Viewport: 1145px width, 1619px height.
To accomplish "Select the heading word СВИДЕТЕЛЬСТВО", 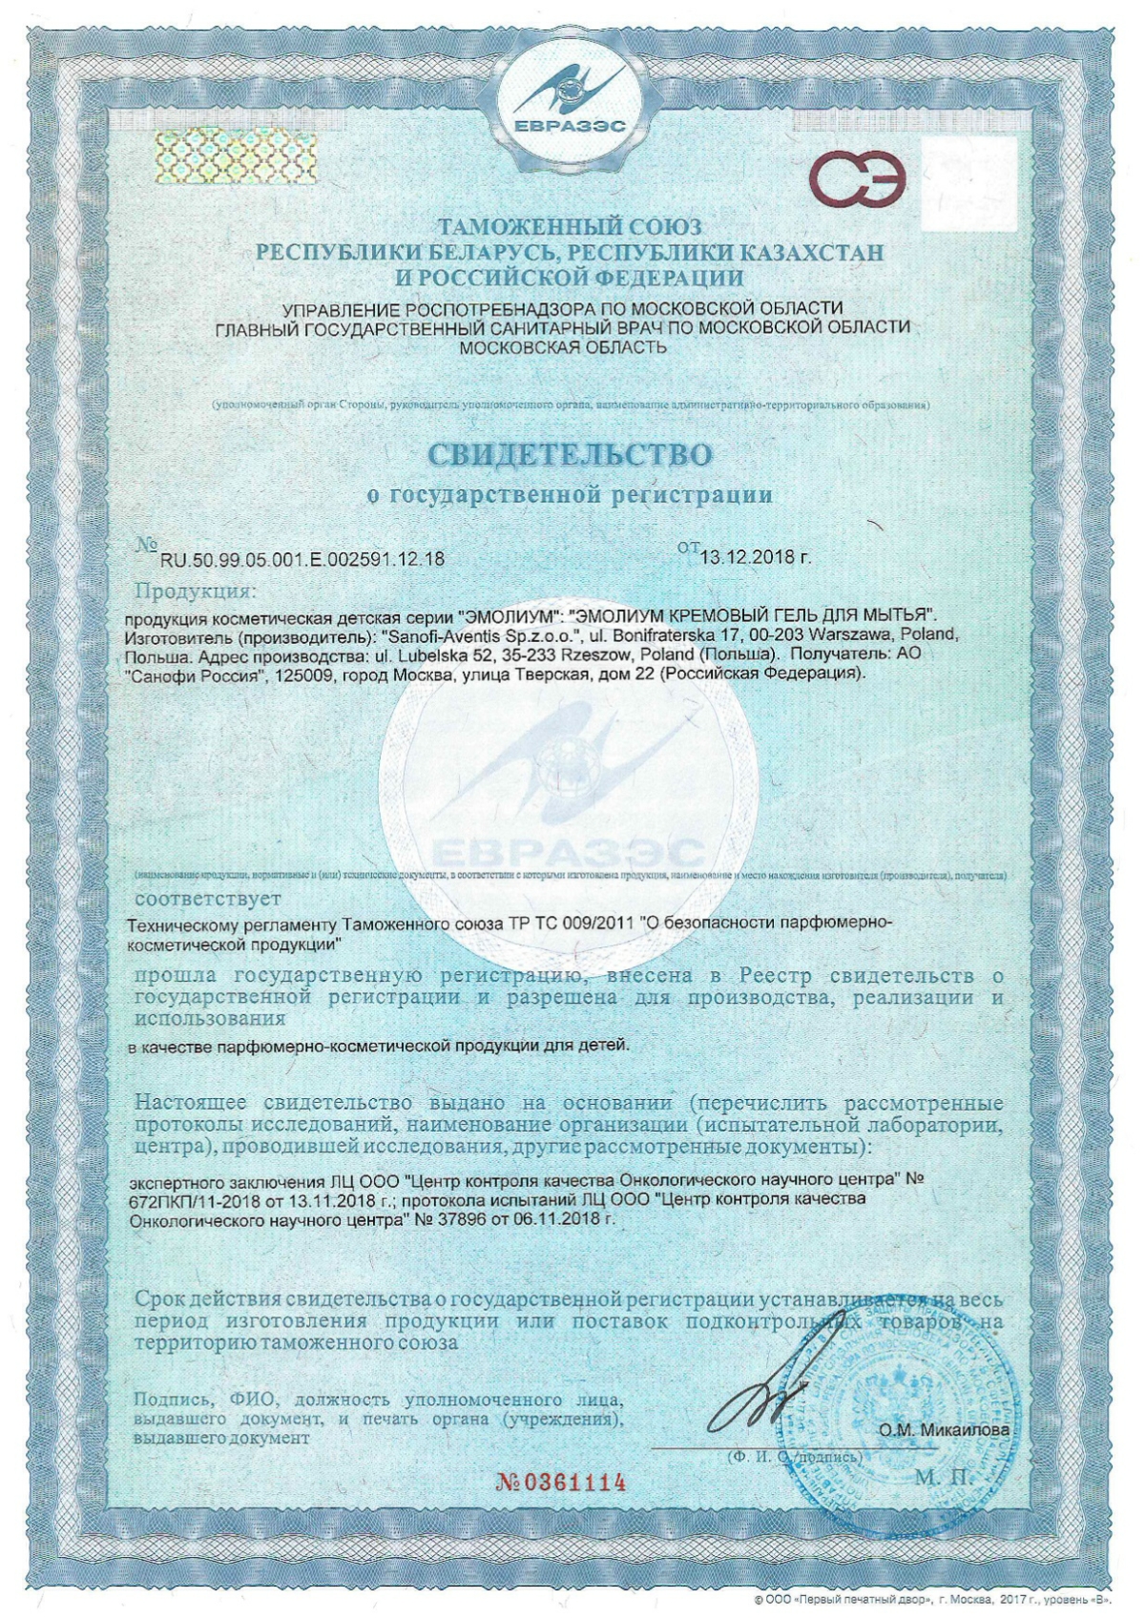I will (571, 453).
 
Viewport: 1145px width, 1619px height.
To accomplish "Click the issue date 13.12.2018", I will (755, 557).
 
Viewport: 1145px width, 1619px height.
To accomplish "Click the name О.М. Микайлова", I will (944, 1430).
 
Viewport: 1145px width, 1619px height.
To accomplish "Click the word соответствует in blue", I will (208, 899).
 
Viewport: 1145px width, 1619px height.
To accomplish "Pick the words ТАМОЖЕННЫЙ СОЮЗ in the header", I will (570, 227).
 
